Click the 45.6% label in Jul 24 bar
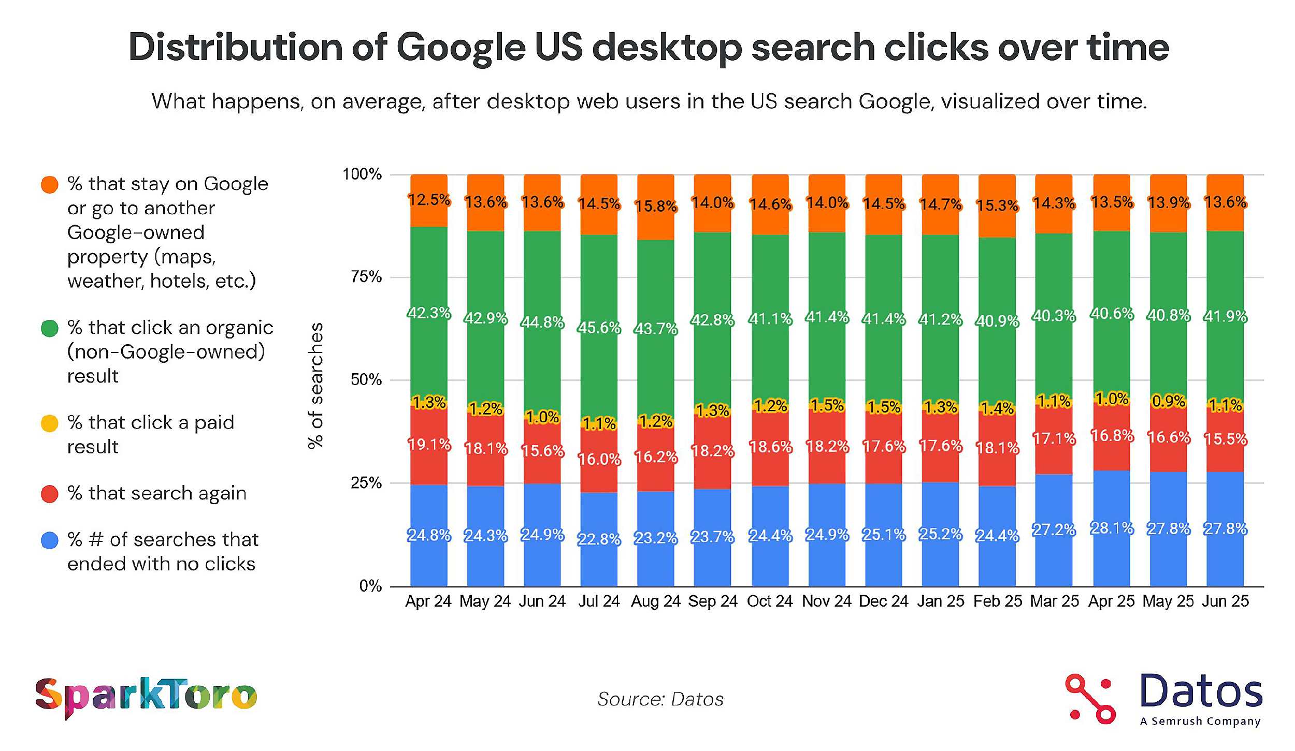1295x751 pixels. (x=599, y=328)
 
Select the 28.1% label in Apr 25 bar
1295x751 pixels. (x=1112, y=528)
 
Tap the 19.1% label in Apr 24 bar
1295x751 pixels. (x=429, y=445)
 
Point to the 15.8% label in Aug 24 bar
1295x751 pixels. (x=656, y=207)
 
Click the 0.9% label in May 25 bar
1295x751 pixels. (x=1169, y=401)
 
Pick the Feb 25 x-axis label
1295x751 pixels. (x=998, y=601)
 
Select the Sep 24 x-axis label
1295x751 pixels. (x=713, y=601)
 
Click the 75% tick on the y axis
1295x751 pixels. (x=366, y=277)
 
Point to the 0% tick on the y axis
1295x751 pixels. (x=370, y=586)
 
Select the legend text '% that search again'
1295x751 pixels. (x=156, y=493)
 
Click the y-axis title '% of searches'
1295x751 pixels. (x=315, y=386)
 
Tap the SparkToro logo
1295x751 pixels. (x=146, y=696)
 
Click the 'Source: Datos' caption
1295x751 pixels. (x=660, y=699)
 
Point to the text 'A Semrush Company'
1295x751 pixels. (x=1200, y=721)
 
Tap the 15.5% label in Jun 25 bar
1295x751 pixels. (x=1225, y=439)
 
